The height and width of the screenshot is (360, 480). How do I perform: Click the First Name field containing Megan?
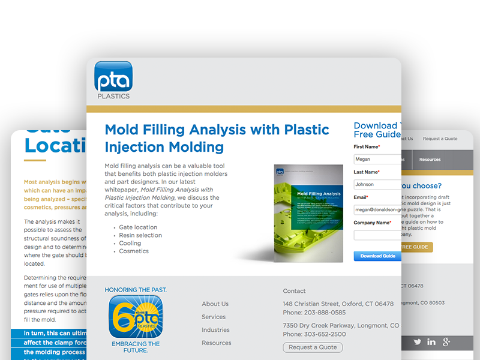377,159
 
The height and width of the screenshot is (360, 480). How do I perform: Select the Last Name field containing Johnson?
377,184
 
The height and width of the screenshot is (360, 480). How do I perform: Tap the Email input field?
377,209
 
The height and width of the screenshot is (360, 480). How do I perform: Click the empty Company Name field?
377,235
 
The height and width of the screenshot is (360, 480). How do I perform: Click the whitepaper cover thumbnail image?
308,213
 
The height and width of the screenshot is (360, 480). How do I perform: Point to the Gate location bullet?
138,227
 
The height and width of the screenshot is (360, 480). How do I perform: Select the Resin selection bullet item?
140,236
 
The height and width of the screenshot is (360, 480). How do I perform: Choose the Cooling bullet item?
130,244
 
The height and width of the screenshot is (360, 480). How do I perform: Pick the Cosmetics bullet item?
134,251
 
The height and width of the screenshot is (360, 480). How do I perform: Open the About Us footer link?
215,304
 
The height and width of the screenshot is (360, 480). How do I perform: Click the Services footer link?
214,317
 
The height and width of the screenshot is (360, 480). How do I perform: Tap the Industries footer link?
215,330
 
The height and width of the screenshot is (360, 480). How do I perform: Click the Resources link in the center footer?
216,343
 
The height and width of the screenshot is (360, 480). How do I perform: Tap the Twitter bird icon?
417,342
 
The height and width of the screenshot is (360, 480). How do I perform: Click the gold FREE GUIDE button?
416,247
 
